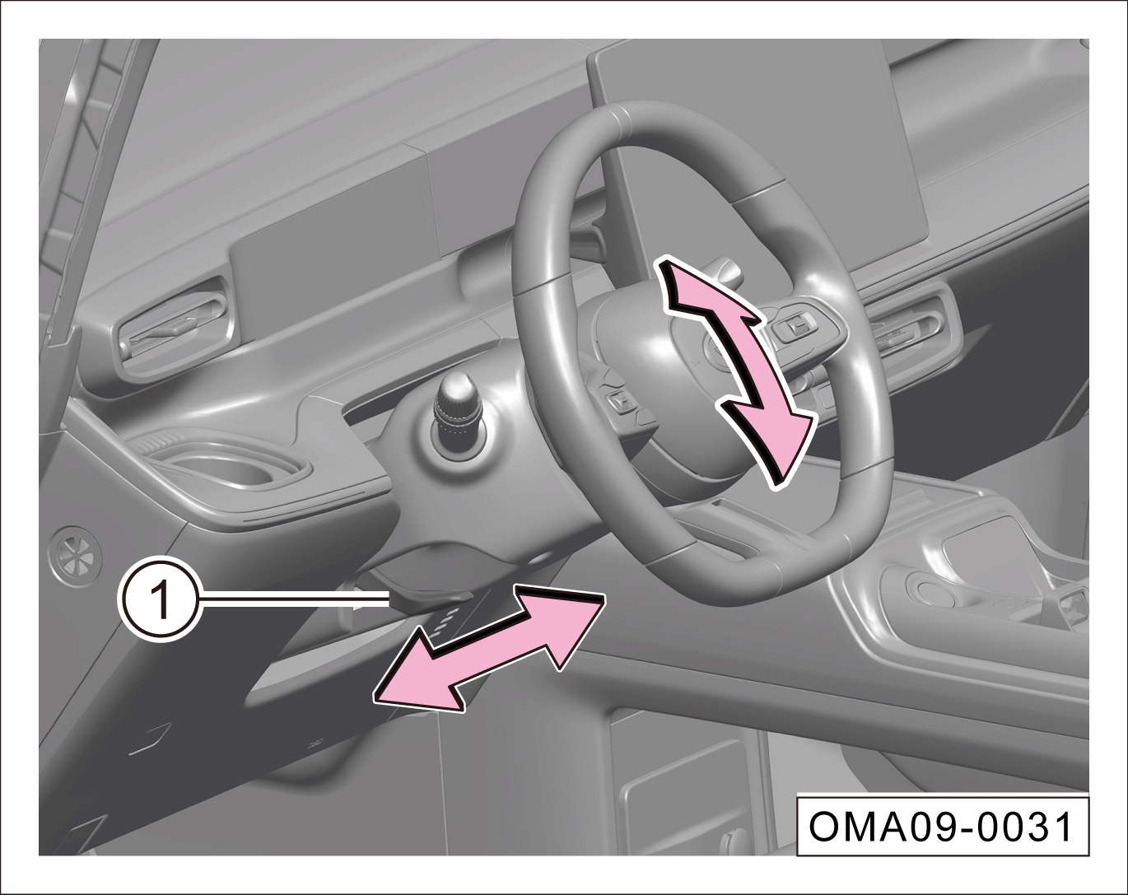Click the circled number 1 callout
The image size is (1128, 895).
point(161,604)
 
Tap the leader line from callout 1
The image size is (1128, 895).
point(294,599)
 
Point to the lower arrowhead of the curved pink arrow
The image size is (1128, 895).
point(771,441)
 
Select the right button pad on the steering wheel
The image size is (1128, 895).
point(799,328)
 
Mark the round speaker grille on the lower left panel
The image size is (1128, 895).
point(76,556)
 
